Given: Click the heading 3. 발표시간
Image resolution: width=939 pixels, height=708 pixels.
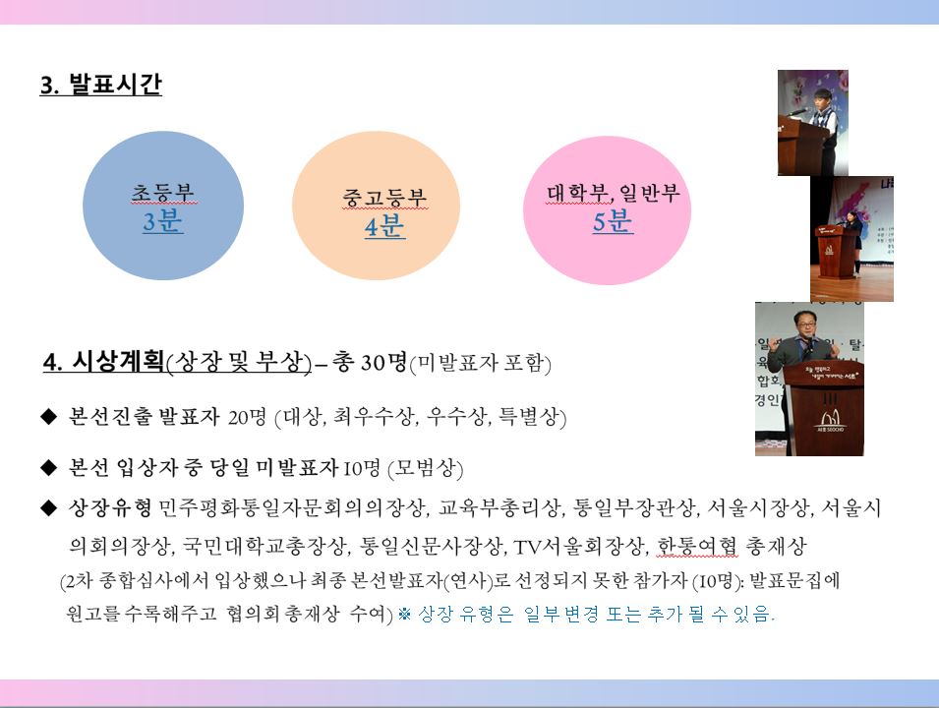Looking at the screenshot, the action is click(x=100, y=84).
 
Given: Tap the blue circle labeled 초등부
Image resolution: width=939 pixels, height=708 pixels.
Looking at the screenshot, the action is click(x=163, y=206).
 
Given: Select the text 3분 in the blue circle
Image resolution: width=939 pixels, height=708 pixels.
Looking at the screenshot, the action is click(x=162, y=221).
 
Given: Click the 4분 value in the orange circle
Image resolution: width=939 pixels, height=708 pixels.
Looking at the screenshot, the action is click(x=384, y=226).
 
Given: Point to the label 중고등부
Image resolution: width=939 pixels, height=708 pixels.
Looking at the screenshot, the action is click(x=384, y=197).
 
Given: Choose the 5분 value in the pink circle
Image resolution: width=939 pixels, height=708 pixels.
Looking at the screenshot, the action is click(x=612, y=221).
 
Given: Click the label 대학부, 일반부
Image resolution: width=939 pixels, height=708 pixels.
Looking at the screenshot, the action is click(x=614, y=193).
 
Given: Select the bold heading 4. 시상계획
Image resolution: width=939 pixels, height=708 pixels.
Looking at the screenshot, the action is click(x=103, y=361).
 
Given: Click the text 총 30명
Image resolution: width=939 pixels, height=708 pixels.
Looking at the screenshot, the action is click(x=370, y=362).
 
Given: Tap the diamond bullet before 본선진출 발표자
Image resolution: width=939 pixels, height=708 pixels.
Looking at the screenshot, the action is click(x=48, y=416).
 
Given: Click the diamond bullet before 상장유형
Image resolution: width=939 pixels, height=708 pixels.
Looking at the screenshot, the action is click(x=48, y=508).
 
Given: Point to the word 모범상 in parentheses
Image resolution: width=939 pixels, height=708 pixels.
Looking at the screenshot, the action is click(x=426, y=467).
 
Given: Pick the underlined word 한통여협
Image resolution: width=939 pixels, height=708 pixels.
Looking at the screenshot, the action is click(x=697, y=546).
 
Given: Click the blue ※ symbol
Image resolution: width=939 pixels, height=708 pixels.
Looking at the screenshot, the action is click(x=404, y=614).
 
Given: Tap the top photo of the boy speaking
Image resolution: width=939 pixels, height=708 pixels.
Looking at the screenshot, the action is click(x=812, y=123).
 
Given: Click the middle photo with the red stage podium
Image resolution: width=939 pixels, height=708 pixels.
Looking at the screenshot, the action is click(x=851, y=238).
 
